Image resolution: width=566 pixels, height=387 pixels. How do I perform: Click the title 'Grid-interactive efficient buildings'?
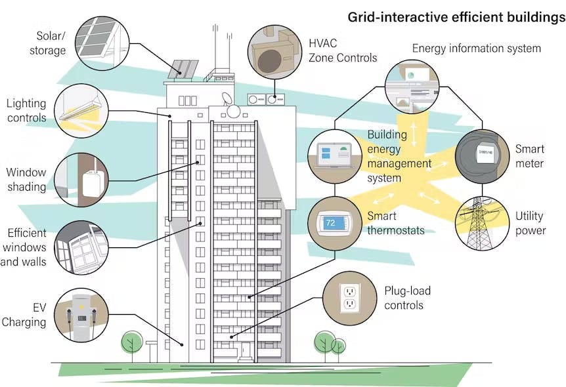pos(456,18)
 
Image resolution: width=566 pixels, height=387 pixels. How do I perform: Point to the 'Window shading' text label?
pos(27,179)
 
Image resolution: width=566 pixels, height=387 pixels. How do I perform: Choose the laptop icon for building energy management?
pos(334,156)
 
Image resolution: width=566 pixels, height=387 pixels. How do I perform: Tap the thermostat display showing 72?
pos(334,224)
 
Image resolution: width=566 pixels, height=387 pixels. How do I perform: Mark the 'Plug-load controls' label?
pos(407,298)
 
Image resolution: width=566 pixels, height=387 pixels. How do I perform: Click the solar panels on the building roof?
pos(185,69)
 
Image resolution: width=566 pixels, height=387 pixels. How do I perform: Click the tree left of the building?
pos(133,343)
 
